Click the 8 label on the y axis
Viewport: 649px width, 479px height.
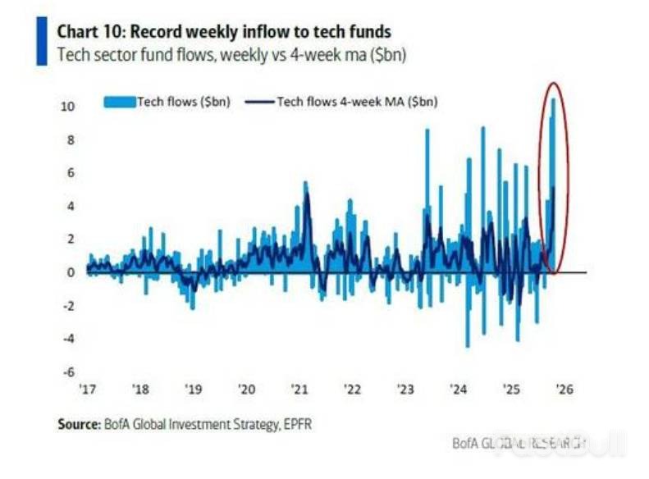[x=71, y=139]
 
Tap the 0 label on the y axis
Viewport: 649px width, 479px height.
[x=71, y=272]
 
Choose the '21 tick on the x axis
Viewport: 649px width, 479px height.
[x=299, y=390]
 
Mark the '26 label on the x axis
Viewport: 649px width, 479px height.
[x=565, y=390]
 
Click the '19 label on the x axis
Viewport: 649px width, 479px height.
[x=193, y=390]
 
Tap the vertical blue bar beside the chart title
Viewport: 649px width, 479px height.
[x=42, y=43]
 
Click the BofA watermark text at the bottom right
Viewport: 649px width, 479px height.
[x=519, y=443]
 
